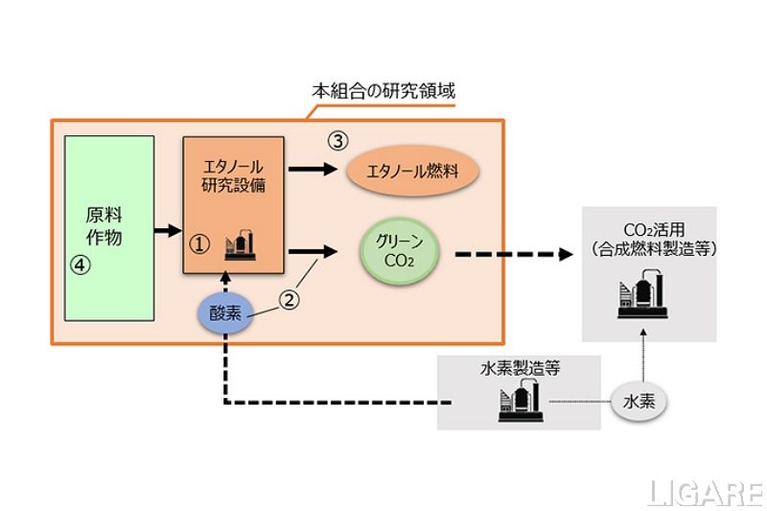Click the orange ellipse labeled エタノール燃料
click(x=411, y=172)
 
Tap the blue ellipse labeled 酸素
click(x=225, y=314)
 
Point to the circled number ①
click(x=200, y=244)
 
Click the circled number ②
click(x=290, y=299)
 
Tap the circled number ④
click(x=81, y=266)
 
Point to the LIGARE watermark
click(x=702, y=493)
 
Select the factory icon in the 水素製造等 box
click(x=519, y=403)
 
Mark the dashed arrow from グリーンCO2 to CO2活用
click(x=519, y=254)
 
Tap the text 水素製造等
click(x=519, y=367)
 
